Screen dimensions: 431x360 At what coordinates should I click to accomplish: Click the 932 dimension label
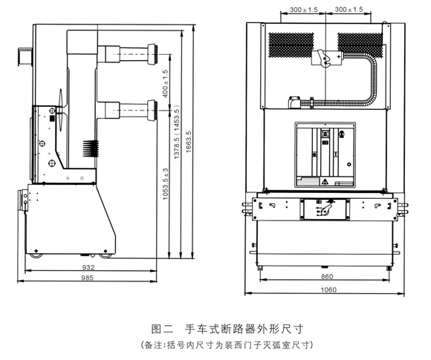point(88,267)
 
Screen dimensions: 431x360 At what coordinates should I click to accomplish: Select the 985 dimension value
point(88,278)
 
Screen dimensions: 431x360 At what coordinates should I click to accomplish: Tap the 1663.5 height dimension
point(189,142)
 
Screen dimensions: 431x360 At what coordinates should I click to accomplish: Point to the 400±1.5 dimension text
point(165,83)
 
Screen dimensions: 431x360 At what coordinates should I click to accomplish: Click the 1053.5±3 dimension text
point(165,183)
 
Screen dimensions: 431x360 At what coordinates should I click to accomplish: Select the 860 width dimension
point(327,277)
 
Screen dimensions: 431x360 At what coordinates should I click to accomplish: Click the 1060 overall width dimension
point(328,289)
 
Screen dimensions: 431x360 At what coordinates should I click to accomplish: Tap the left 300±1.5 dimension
point(303,10)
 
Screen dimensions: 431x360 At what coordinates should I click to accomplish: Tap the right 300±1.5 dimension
point(349,10)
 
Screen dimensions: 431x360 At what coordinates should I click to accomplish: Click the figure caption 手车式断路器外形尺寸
point(244,329)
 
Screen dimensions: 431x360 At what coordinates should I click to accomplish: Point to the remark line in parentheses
point(227,345)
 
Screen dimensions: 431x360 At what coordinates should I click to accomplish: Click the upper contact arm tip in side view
point(152,54)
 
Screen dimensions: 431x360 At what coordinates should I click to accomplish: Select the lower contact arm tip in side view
point(152,111)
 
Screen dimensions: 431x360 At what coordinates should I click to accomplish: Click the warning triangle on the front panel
point(325,182)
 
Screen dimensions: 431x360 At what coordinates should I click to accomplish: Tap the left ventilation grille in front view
point(291,45)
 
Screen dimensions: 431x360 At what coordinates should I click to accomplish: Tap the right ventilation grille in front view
point(360,45)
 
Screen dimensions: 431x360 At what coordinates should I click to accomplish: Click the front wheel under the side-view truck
point(36,256)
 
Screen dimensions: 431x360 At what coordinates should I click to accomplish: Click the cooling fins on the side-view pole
point(91,148)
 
